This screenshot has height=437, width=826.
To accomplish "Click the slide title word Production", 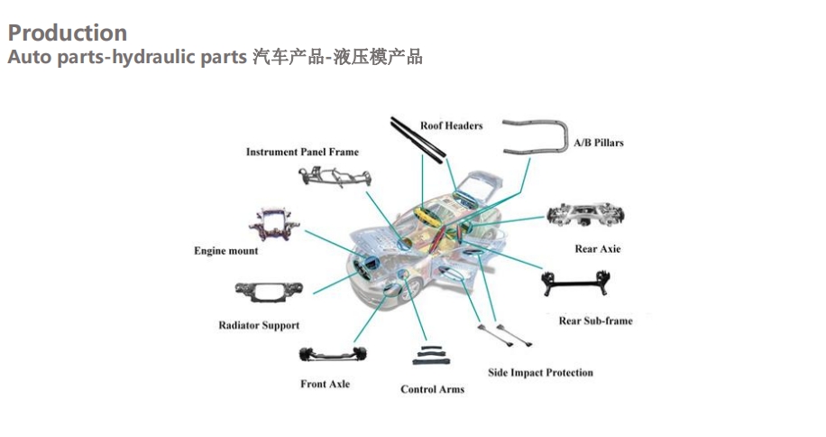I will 68,33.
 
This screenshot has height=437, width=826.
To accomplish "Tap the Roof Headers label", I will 451,126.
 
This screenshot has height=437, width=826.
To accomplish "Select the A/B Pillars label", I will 599,143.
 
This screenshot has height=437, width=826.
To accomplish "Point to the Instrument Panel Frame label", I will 302,153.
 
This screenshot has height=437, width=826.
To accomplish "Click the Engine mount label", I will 225,251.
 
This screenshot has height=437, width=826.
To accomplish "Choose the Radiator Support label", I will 259,325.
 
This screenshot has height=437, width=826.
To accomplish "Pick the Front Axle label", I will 325,385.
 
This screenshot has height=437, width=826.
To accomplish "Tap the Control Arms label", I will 432,389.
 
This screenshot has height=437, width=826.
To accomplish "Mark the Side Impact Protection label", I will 540,372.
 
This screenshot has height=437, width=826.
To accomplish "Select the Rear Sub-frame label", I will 595,321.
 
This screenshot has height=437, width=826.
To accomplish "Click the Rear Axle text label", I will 598,249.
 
